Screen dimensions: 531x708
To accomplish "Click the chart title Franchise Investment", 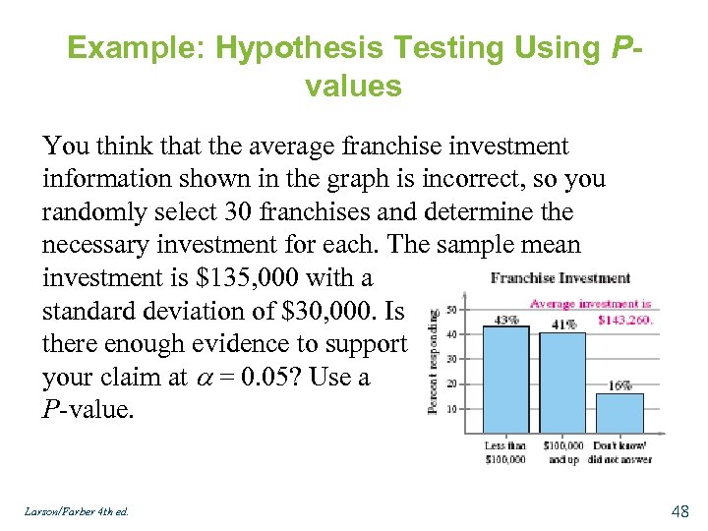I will [x=560, y=278].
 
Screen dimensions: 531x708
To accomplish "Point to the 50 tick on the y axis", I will [x=451, y=310].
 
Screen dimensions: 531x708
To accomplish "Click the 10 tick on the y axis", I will [x=451, y=408].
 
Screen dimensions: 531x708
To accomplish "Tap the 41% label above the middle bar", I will [x=563, y=324].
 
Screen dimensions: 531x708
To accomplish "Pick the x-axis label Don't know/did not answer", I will [x=620, y=453].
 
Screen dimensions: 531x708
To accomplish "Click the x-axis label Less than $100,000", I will [x=505, y=453].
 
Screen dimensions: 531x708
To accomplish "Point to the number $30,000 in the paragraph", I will [x=324, y=311].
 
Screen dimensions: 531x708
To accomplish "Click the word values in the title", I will [x=353, y=87].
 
